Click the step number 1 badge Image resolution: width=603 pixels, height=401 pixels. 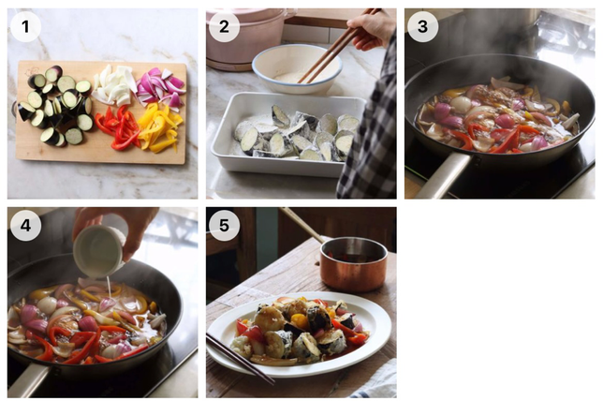(x=25, y=26)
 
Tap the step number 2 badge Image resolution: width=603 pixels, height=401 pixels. (x=224, y=26)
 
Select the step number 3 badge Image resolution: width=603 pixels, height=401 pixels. (x=422, y=26)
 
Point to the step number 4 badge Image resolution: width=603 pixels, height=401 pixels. (x=25, y=226)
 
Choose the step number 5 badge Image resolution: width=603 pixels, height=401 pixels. (x=224, y=226)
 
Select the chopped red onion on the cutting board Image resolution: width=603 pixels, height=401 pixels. (x=161, y=87)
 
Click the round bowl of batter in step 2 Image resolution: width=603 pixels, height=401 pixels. (x=297, y=69)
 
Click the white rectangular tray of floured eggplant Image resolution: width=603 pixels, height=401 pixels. (x=287, y=135)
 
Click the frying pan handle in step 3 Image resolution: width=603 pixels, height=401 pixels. (x=442, y=175)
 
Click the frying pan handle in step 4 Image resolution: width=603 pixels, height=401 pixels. (x=29, y=380)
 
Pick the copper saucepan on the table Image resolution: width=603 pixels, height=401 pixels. (x=354, y=264)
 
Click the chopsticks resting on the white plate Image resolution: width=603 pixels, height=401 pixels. (x=241, y=359)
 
